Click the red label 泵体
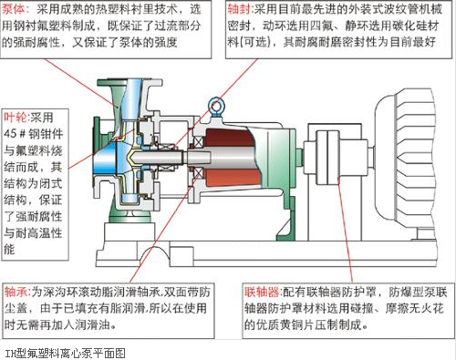17,9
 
